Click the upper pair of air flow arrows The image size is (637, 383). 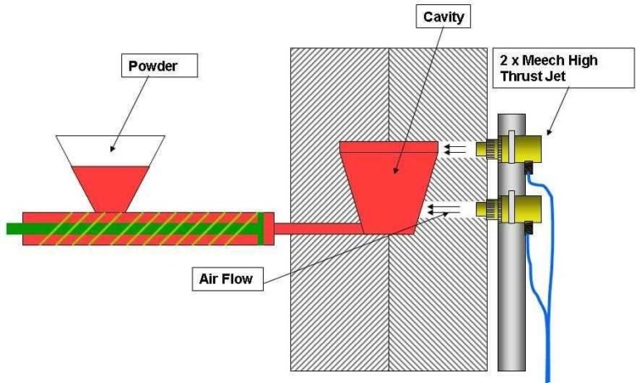click(455, 150)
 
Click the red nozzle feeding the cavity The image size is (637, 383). click(315, 228)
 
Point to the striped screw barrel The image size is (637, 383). click(141, 228)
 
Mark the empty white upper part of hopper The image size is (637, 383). click(109, 150)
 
